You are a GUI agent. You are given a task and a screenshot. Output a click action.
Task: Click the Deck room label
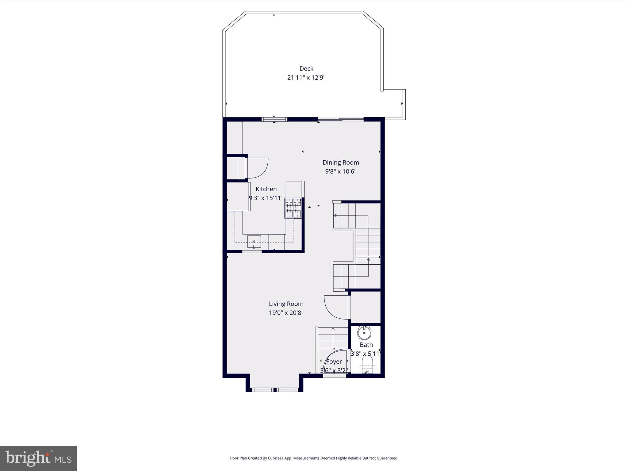pyautogui.click(x=306, y=69)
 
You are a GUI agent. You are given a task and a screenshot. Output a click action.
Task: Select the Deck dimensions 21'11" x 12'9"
pyautogui.click(x=306, y=78)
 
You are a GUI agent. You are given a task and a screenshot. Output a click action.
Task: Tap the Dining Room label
pyautogui.click(x=341, y=163)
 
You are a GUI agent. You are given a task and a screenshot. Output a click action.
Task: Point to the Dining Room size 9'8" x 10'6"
pyautogui.click(x=341, y=171)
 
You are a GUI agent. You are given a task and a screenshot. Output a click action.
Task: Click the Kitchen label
pyautogui.click(x=266, y=189)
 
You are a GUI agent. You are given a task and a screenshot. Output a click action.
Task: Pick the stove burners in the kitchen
pyautogui.click(x=293, y=208)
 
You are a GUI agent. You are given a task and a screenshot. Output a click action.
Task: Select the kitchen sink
pyautogui.click(x=254, y=242)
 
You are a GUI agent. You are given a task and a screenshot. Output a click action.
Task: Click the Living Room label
pyautogui.click(x=286, y=304)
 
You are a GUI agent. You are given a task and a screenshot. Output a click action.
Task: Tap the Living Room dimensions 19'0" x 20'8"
pyautogui.click(x=286, y=313)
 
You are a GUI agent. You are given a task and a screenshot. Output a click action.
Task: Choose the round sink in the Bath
pyautogui.click(x=364, y=333)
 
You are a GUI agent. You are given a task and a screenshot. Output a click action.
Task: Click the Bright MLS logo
pyautogui.click(x=38, y=458)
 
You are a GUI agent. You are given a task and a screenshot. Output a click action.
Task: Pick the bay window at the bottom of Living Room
pyautogui.click(x=274, y=390)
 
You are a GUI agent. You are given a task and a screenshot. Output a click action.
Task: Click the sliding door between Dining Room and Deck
pyautogui.click(x=341, y=119)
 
